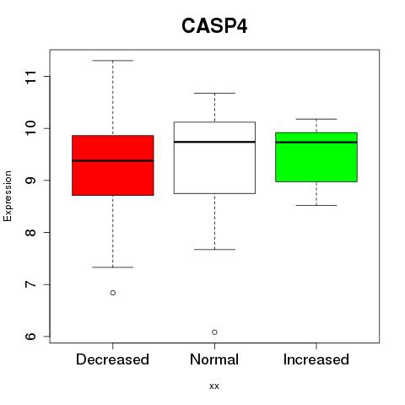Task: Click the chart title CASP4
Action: pyautogui.click(x=214, y=26)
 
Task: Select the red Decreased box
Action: pyautogui.click(x=113, y=165)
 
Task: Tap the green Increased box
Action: pyautogui.click(x=316, y=157)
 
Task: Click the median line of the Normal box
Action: pyautogui.click(x=214, y=142)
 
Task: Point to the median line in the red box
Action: pyautogui.click(x=113, y=161)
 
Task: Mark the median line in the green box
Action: pyautogui.click(x=316, y=143)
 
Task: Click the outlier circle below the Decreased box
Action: pyautogui.click(x=113, y=293)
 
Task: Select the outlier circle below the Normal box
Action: pyautogui.click(x=214, y=332)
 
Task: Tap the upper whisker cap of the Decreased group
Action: pyautogui.click(x=113, y=61)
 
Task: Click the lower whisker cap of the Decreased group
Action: pyautogui.click(x=113, y=267)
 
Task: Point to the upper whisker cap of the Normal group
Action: pyautogui.click(x=214, y=93)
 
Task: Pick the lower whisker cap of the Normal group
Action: pyautogui.click(x=214, y=249)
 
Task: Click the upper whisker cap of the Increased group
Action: pyautogui.click(x=316, y=119)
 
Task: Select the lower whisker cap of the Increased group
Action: pyautogui.click(x=316, y=205)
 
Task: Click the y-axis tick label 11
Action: pyautogui.click(x=31, y=77)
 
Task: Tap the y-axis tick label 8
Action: pyautogui.click(x=31, y=232)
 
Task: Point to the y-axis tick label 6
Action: pyautogui.click(x=31, y=337)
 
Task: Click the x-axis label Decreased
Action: pyautogui.click(x=112, y=359)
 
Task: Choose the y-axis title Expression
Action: pyautogui.click(x=8, y=196)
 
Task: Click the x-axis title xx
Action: pyautogui.click(x=214, y=386)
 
